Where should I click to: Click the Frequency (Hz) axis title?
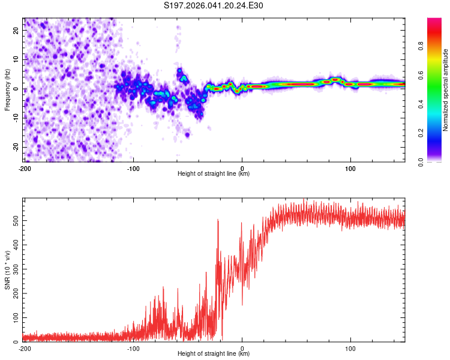tap(7, 91)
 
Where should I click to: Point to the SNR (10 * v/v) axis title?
tap(7, 271)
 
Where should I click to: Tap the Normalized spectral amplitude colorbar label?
tap(445, 91)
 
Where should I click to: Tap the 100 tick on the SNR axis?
tap(14, 317)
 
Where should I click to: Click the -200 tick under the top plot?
tap(25, 168)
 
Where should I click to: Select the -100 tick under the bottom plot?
tap(133, 348)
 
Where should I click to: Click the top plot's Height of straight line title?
tap(214, 174)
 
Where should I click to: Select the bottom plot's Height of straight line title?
tap(214, 354)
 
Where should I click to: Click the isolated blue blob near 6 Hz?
tap(179, 73)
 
